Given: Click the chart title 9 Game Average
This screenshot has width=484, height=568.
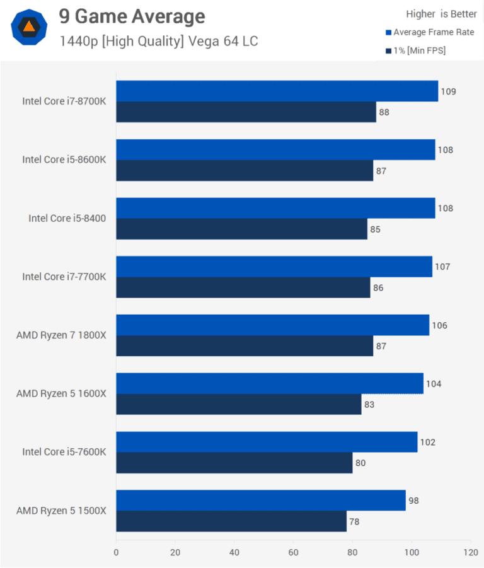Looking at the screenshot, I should (132, 16).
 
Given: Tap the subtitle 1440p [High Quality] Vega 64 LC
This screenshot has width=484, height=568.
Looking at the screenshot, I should (159, 42).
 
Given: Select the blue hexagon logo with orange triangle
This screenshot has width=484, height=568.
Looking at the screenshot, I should (29, 27).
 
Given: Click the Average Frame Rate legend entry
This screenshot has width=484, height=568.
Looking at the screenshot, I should (433, 32).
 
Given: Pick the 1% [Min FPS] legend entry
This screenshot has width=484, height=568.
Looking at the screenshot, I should (419, 50).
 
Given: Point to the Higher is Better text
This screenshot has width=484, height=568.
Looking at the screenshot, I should (441, 14).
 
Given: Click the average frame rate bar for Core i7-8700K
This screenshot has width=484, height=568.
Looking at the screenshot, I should (277, 91).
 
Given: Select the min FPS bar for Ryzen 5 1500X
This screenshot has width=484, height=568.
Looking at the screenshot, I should (231, 521).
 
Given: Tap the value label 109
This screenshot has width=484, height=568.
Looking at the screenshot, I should (448, 91).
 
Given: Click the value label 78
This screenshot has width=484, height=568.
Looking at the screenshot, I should (357, 521).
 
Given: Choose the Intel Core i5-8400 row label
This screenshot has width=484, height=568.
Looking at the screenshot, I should (67, 218).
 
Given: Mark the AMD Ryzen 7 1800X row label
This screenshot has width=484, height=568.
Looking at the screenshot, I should (61, 335).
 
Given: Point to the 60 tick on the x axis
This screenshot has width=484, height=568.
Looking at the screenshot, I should (293, 552).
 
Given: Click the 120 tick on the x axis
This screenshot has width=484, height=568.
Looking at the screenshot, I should (470, 552).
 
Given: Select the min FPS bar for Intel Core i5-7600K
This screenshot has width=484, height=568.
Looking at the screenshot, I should (234, 463).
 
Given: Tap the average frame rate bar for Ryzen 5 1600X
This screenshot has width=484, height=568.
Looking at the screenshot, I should (270, 383).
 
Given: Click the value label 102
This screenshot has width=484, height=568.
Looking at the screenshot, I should (427, 442).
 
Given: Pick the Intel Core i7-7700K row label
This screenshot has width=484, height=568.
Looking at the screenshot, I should (64, 277).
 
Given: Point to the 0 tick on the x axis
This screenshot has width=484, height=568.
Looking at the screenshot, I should (116, 552).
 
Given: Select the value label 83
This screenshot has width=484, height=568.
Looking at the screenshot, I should (369, 404).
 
